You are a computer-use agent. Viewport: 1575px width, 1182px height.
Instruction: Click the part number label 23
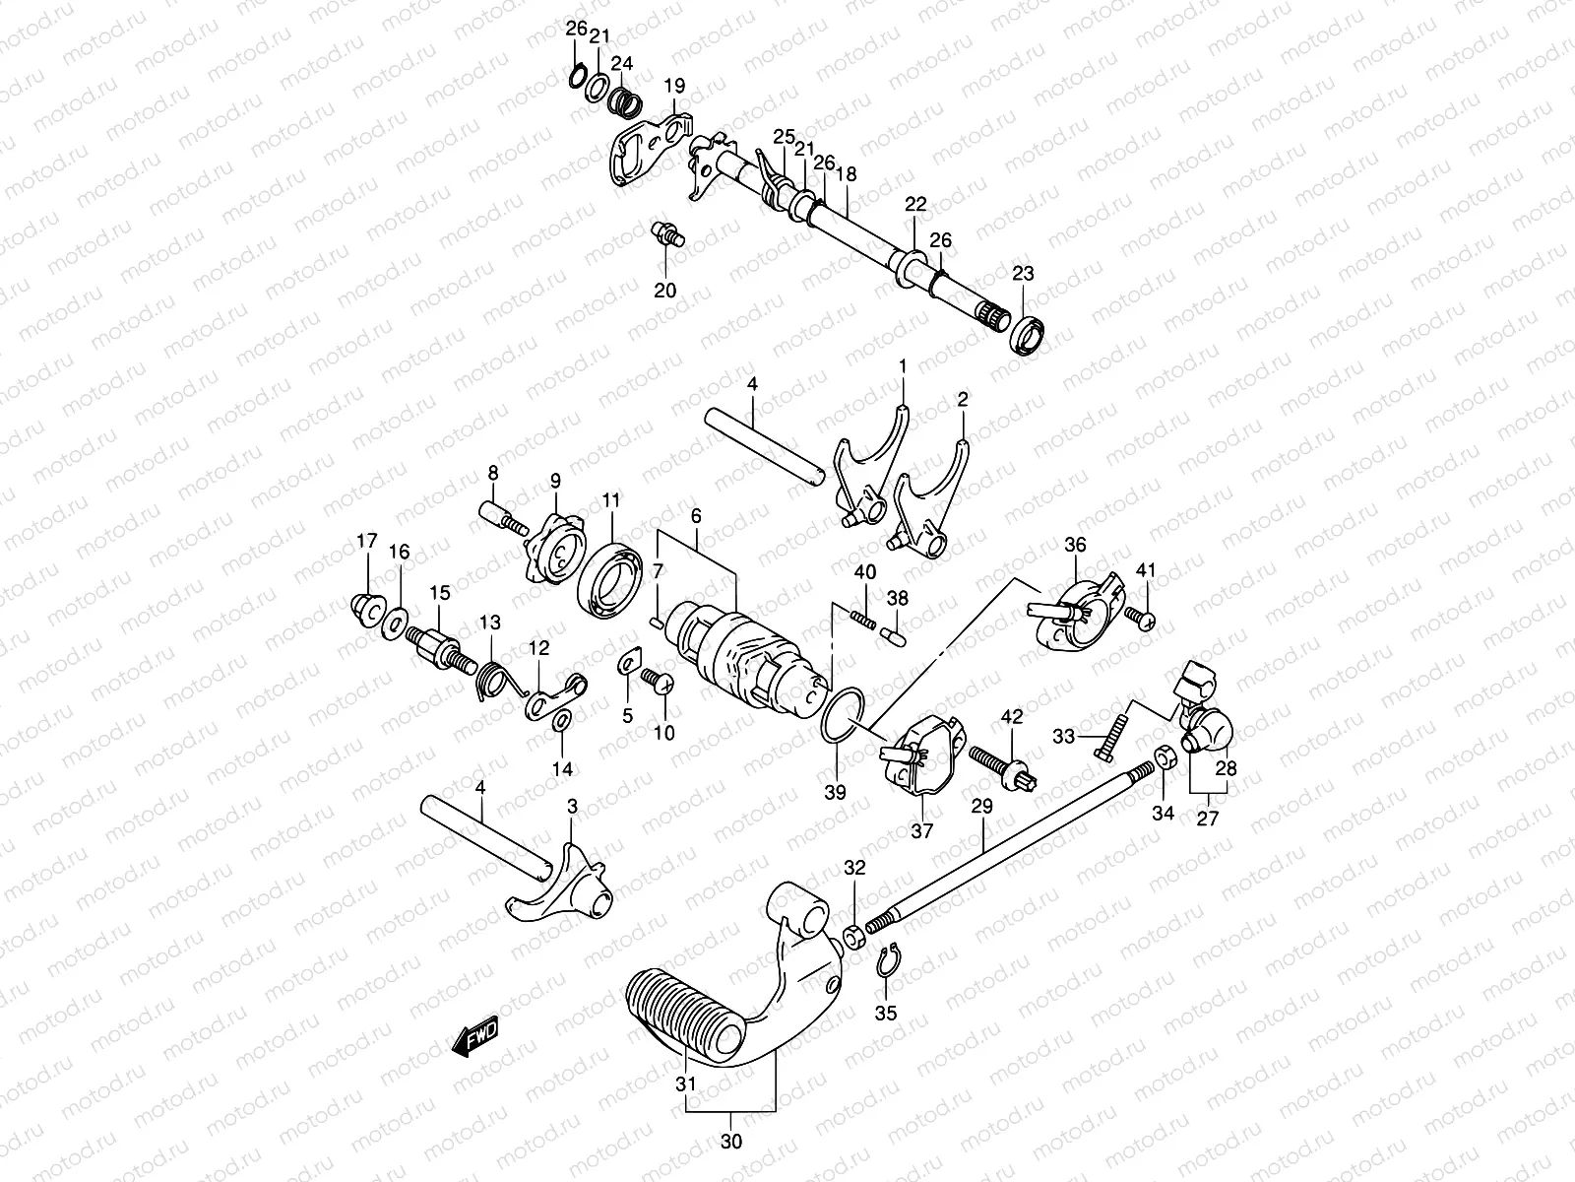click(x=1023, y=274)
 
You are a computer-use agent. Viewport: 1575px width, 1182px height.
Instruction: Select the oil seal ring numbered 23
click(x=1028, y=335)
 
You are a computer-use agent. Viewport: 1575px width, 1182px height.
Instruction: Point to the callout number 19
click(x=673, y=87)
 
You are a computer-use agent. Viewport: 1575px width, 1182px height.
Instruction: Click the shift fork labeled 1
click(x=871, y=468)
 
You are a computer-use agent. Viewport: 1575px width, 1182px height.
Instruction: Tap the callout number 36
click(x=1075, y=544)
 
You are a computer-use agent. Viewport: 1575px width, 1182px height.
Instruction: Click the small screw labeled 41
click(x=1142, y=619)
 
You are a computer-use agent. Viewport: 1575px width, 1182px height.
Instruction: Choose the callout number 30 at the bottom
click(x=730, y=1144)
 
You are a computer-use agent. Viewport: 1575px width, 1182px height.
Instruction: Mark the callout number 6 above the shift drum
click(x=695, y=515)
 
